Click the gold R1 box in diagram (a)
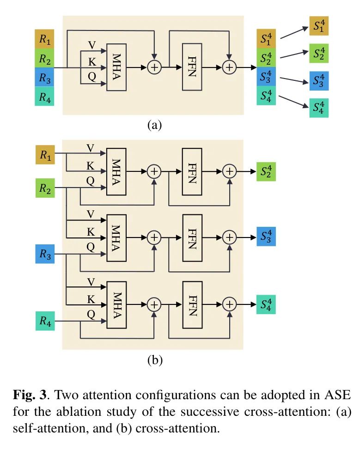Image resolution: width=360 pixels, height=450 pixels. [x=44, y=39]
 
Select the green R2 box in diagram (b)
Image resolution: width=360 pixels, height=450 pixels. [x=45, y=189]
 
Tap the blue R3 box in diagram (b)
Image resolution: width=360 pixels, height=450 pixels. [x=45, y=255]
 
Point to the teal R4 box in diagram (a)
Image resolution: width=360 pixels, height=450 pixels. [x=44, y=97]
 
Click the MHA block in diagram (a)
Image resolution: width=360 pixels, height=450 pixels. [x=116, y=67]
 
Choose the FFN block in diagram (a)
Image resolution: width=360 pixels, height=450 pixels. [x=192, y=67]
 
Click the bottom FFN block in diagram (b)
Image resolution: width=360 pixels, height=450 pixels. [x=192, y=304]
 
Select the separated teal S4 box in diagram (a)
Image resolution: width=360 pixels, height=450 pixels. [x=318, y=108]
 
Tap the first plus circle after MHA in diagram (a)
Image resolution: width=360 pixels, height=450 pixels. [x=154, y=67]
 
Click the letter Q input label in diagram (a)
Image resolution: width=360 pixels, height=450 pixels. [x=92, y=77]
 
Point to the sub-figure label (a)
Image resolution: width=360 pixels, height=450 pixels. [x=154, y=125]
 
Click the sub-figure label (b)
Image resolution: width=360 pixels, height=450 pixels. [x=154, y=360]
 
